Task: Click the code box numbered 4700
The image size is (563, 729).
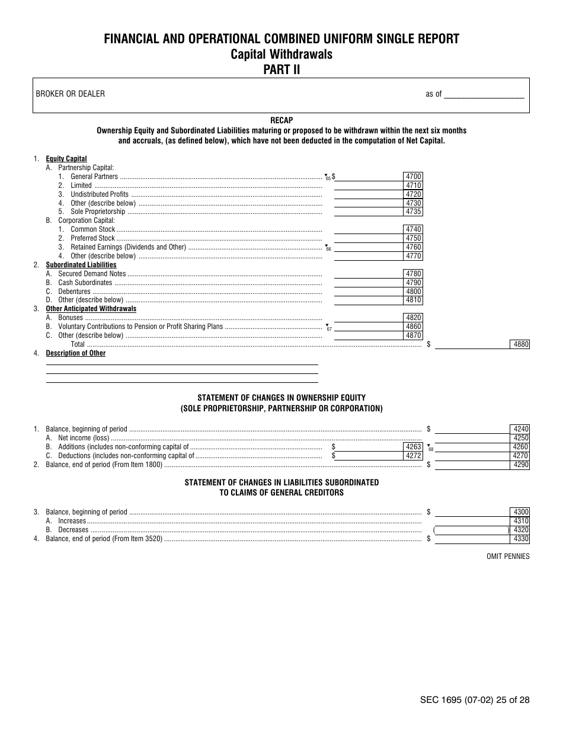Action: (413, 177)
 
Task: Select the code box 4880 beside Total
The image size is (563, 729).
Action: (520, 344)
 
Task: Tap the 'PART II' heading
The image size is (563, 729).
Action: (281, 69)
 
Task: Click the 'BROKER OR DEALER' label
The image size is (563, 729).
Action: (70, 94)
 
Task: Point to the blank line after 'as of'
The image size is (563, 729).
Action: (484, 94)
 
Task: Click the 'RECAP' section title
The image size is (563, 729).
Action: (281, 120)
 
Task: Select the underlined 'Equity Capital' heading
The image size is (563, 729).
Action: (66, 159)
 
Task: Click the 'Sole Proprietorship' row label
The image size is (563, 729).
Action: (98, 212)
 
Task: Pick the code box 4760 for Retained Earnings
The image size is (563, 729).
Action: (413, 247)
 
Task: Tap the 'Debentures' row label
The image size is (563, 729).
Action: (74, 292)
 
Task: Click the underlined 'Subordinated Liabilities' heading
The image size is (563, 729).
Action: (81, 265)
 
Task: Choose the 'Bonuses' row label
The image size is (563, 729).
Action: (71, 318)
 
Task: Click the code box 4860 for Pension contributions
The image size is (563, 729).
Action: (413, 327)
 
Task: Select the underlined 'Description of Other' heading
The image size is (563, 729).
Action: (76, 353)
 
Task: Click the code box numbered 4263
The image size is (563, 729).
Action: (413, 447)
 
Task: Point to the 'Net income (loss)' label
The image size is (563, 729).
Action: (83, 438)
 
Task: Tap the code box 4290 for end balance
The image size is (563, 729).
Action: (520, 465)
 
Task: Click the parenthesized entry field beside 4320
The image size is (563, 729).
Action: (472, 530)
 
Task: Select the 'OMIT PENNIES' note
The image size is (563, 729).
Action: (508, 557)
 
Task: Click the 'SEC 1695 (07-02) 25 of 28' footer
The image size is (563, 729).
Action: (474, 700)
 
